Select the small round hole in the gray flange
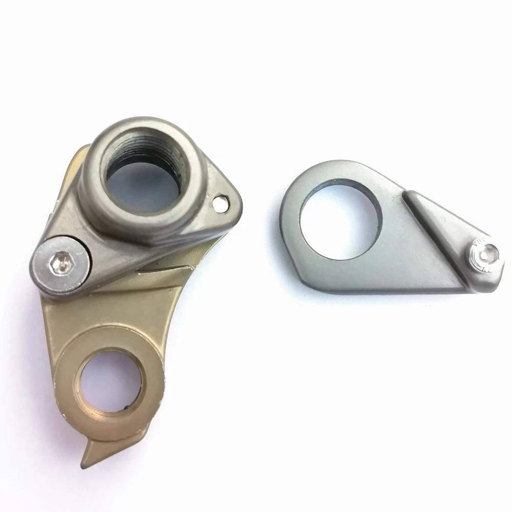(x=221, y=204)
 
